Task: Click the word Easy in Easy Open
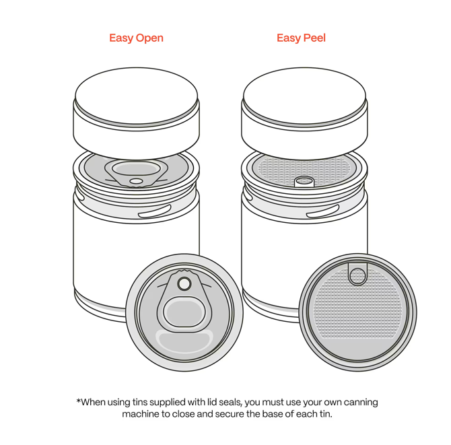coord(121,38)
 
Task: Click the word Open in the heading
coord(149,38)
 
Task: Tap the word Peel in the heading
coord(314,38)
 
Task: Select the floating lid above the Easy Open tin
coord(137,114)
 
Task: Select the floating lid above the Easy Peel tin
coord(304,114)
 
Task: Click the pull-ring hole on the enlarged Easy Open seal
coord(184,283)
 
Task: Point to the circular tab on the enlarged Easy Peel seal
coord(357,275)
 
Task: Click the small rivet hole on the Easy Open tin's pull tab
coord(137,181)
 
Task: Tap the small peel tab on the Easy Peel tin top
coord(304,182)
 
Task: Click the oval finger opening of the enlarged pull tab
coord(184,312)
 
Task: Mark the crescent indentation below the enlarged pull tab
coord(184,341)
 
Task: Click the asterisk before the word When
coord(78,401)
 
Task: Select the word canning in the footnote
coord(361,403)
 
